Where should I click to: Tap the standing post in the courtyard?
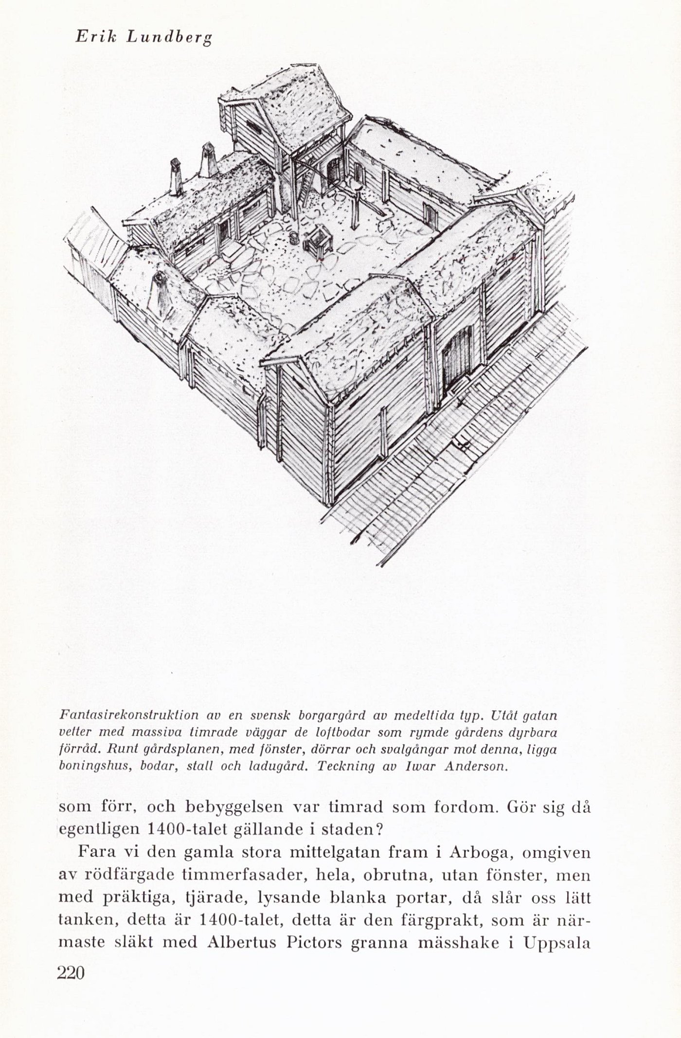(356, 208)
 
